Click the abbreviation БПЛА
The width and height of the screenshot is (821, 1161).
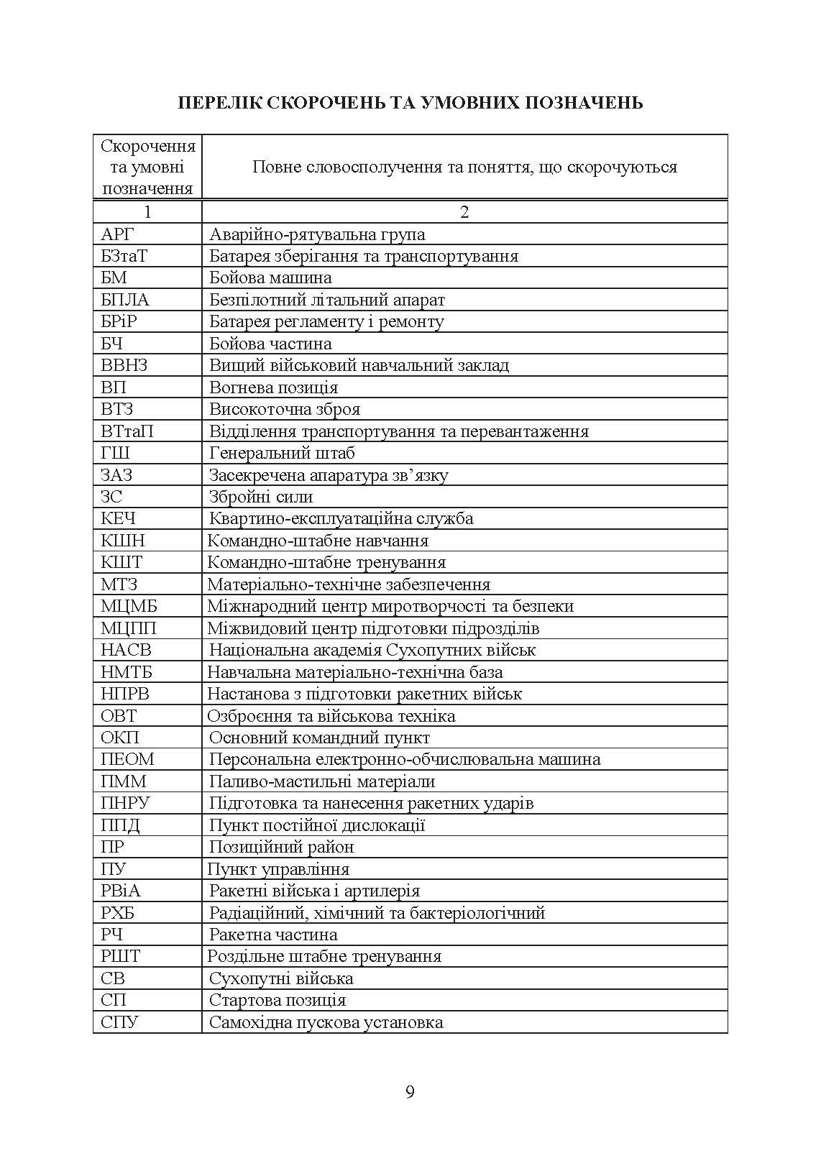click(x=125, y=300)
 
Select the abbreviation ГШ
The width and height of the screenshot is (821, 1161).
click(x=116, y=453)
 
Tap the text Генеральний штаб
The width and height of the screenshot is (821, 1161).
click(x=282, y=453)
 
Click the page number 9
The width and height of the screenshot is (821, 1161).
click(x=410, y=1092)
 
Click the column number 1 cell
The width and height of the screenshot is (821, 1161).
click(x=147, y=212)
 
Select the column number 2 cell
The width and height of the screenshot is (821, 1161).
click(x=464, y=212)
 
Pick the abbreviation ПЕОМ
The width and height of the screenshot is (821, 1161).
click(x=128, y=759)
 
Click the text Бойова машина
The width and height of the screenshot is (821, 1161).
click(x=270, y=277)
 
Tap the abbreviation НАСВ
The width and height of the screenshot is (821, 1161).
click(x=127, y=650)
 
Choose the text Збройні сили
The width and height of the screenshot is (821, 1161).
click(x=261, y=497)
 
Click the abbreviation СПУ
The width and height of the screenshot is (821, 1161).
click(x=120, y=1022)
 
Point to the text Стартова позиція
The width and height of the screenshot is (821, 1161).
click(x=278, y=1000)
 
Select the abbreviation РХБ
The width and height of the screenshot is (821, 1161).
click(x=119, y=912)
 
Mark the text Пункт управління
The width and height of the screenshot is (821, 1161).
click(x=278, y=868)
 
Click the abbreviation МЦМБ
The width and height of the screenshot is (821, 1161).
click(x=129, y=606)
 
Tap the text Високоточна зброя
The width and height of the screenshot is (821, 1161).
click(x=285, y=409)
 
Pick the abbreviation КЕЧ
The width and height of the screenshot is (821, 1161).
click(x=119, y=518)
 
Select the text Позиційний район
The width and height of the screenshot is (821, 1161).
click(x=282, y=847)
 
